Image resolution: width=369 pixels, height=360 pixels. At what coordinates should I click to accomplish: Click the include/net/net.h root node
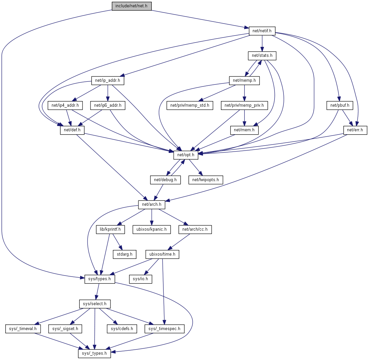click(x=131, y=6)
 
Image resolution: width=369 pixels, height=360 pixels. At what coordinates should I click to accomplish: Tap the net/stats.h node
click(x=262, y=56)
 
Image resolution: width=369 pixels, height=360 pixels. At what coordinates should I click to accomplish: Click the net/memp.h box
click(x=245, y=80)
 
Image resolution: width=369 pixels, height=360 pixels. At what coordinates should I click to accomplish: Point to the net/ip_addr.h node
click(x=105, y=80)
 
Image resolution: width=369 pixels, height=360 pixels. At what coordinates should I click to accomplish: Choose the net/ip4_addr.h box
click(x=65, y=106)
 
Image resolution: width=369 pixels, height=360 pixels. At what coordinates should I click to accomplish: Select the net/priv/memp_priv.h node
click(x=245, y=106)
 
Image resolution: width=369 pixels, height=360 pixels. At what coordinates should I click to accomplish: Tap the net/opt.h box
click(x=186, y=155)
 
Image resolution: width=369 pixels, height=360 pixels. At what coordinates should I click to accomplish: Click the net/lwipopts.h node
click(x=206, y=180)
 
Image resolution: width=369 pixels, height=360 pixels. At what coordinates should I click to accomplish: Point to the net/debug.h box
click(x=165, y=180)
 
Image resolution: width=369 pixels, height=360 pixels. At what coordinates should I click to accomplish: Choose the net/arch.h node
click(x=152, y=204)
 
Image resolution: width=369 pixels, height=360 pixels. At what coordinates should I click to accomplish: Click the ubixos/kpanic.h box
click(x=152, y=229)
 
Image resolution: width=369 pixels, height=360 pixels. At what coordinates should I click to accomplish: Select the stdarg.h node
click(x=124, y=255)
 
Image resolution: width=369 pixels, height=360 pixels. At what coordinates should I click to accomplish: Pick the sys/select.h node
click(x=95, y=304)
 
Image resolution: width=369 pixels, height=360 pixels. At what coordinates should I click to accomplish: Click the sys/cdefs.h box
click(x=122, y=329)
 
